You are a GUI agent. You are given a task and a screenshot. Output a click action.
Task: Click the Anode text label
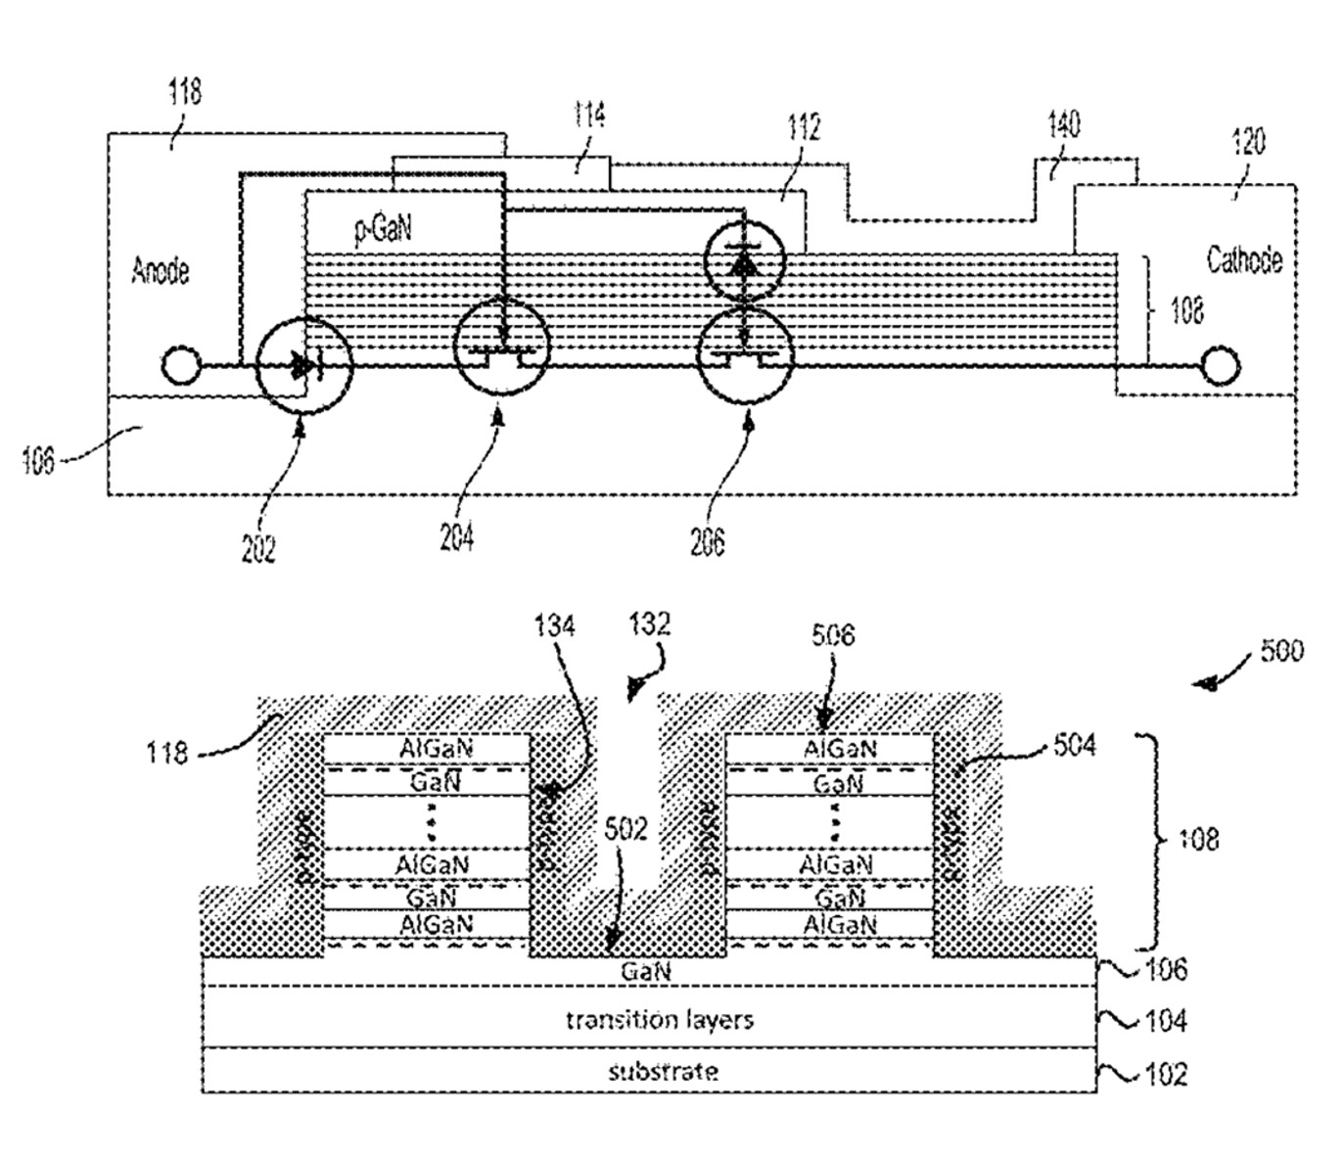tap(161, 271)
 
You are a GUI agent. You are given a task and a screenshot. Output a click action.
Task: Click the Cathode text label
tap(1243, 260)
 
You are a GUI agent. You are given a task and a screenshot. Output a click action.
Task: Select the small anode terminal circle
tap(180, 367)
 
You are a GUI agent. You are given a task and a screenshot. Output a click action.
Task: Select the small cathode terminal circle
tap(1220, 367)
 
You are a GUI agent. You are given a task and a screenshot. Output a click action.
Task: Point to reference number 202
tap(258, 548)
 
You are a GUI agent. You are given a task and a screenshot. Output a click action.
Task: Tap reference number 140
tap(1063, 125)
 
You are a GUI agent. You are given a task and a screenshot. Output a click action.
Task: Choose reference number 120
tap(1247, 142)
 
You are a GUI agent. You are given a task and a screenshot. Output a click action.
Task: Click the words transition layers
tap(660, 1020)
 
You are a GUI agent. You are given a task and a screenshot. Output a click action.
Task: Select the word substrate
tap(663, 1071)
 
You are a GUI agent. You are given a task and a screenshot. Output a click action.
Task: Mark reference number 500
tap(1281, 651)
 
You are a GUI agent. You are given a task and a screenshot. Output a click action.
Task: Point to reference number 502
tap(626, 830)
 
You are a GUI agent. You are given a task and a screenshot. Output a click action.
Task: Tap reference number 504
tap(1075, 747)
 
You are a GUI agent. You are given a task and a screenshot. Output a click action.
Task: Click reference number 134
tap(554, 626)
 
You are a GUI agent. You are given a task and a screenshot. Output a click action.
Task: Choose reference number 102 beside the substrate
tap(1166, 1074)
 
